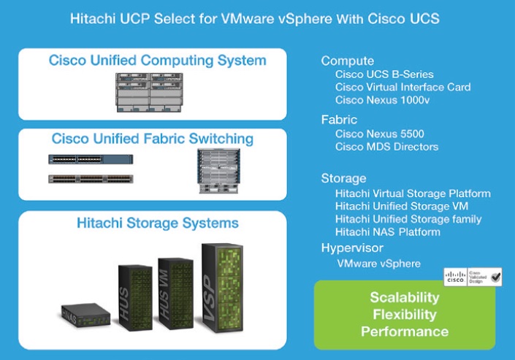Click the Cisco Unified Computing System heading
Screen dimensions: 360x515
[x=157, y=61]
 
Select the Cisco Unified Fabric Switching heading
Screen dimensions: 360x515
[x=153, y=139]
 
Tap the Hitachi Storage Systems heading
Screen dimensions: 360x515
[x=157, y=222]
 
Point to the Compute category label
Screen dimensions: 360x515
[x=347, y=61]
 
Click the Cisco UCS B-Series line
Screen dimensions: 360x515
[x=384, y=74]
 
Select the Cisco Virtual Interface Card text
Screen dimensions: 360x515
[x=403, y=87]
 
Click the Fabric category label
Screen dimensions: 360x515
[x=339, y=119]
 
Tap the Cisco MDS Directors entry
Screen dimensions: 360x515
[x=386, y=147]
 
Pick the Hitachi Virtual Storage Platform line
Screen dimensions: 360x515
[x=413, y=194]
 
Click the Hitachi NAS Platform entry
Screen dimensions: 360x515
[x=387, y=232]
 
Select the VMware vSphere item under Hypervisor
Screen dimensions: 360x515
[x=378, y=263]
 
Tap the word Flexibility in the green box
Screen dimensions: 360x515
[x=403, y=315]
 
